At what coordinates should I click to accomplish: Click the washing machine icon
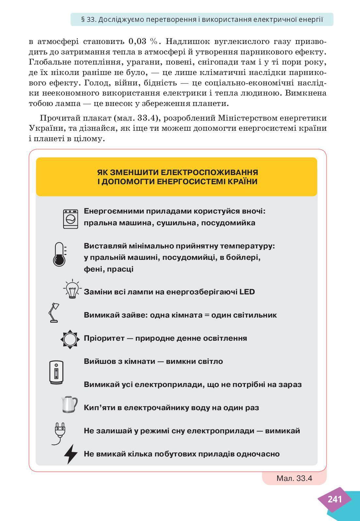click(x=70, y=218)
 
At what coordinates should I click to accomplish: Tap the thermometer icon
click(x=59, y=254)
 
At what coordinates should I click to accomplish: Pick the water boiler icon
click(x=56, y=373)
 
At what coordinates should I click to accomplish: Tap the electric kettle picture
click(x=69, y=405)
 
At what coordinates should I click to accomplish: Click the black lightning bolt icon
click(x=71, y=454)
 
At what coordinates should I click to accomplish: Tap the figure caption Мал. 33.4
click(x=294, y=478)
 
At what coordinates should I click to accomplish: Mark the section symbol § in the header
click(x=83, y=20)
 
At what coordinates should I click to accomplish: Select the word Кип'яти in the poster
click(x=98, y=408)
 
